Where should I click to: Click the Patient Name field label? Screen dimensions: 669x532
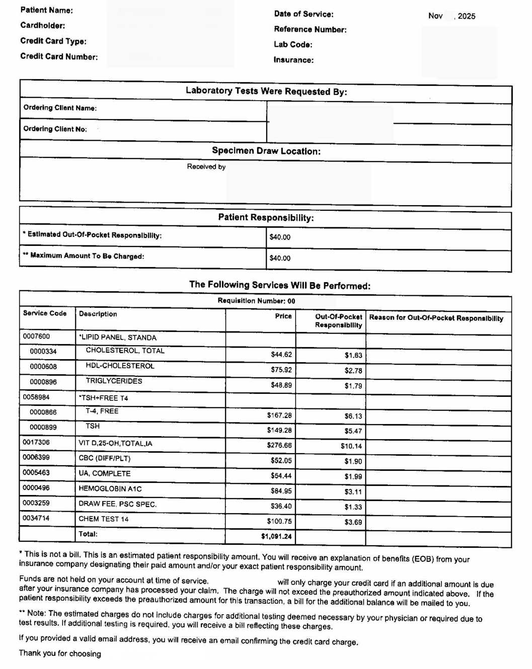pos(46,10)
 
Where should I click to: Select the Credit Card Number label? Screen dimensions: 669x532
pos(59,56)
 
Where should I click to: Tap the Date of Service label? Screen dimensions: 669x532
pos(303,14)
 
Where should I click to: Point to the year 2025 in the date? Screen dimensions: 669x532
pos(467,16)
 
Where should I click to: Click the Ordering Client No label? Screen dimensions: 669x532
pos(55,129)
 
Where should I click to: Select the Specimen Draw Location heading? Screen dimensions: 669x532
pos(266,151)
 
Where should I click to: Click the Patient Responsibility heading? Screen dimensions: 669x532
pos(266,217)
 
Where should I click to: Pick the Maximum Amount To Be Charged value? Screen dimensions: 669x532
pos(280,258)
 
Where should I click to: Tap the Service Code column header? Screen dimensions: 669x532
pos(45,313)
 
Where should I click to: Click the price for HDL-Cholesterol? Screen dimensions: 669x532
pos(281,370)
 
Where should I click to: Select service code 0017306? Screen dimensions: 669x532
pos(36,442)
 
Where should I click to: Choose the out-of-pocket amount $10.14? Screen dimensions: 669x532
pos(351,446)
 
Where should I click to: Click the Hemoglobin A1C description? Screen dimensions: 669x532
pos(110,488)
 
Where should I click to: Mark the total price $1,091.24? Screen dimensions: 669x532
pos(276,536)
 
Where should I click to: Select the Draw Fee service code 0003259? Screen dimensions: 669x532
pos(36,503)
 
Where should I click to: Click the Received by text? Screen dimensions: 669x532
pos(206,166)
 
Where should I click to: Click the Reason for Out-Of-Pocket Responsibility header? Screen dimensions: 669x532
pos(436,318)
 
